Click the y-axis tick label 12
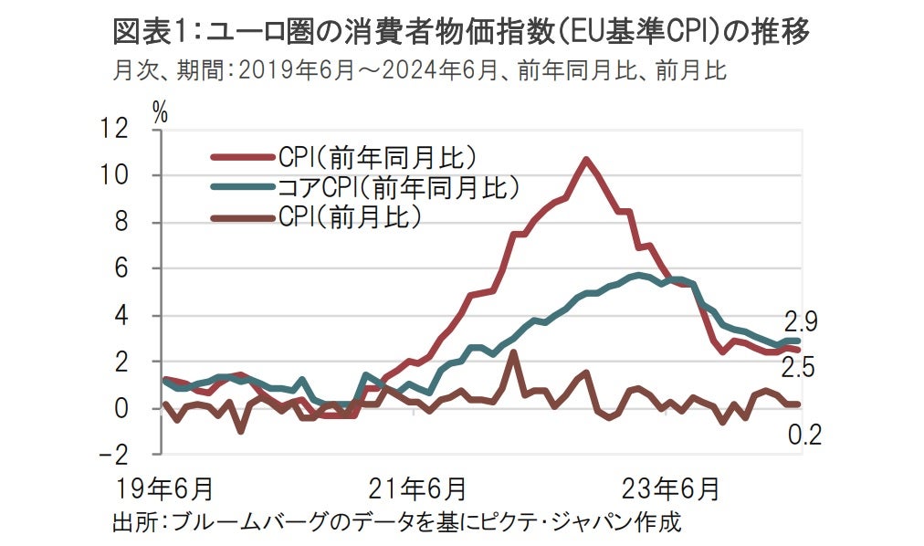click(x=128, y=129)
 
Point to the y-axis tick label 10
click(x=128, y=175)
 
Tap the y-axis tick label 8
click(x=137, y=222)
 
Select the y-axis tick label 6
click(x=137, y=268)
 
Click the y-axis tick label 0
click(x=137, y=408)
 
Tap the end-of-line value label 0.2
click(x=803, y=435)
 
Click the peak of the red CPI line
click(x=586, y=160)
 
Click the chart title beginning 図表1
click(x=461, y=33)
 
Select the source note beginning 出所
click(x=395, y=523)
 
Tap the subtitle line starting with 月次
click(x=420, y=70)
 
